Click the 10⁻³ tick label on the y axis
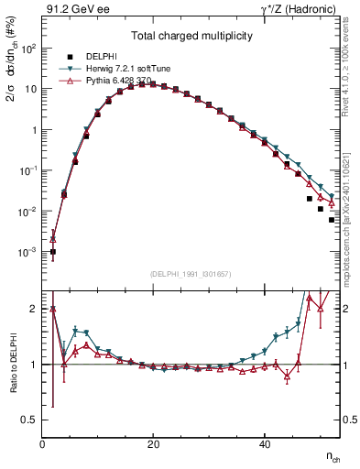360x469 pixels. (27, 252)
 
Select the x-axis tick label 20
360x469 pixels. (154, 445)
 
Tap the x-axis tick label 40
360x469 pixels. (265, 445)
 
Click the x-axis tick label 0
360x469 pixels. (43, 445)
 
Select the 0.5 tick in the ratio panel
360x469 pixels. (29, 420)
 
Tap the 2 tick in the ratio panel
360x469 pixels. (34, 309)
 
